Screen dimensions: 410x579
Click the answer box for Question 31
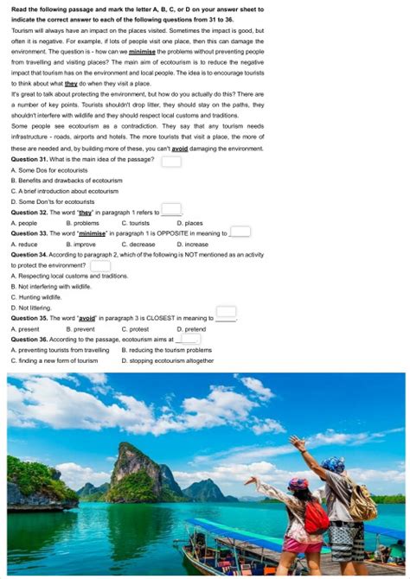point(171,161)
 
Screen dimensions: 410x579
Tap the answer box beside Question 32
point(171,210)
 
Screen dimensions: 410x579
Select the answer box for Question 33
point(240,232)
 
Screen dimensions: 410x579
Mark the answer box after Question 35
point(226,313)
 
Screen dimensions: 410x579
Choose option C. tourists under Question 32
point(135,223)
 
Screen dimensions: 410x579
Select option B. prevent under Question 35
point(80,329)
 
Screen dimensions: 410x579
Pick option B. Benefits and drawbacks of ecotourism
point(66,181)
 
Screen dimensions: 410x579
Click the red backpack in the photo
point(316,518)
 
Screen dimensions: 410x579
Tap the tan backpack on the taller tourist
point(362,502)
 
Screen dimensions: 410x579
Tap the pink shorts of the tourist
point(304,544)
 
